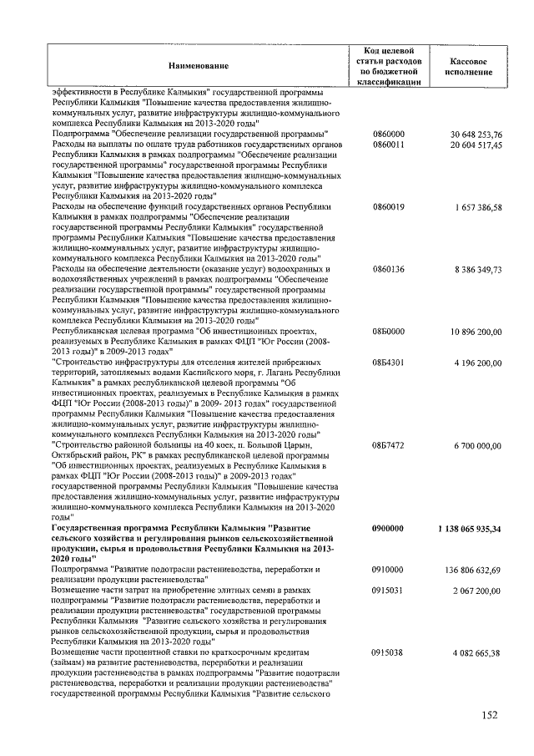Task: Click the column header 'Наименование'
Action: click(x=198, y=65)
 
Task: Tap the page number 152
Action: click(x=489, y=714)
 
